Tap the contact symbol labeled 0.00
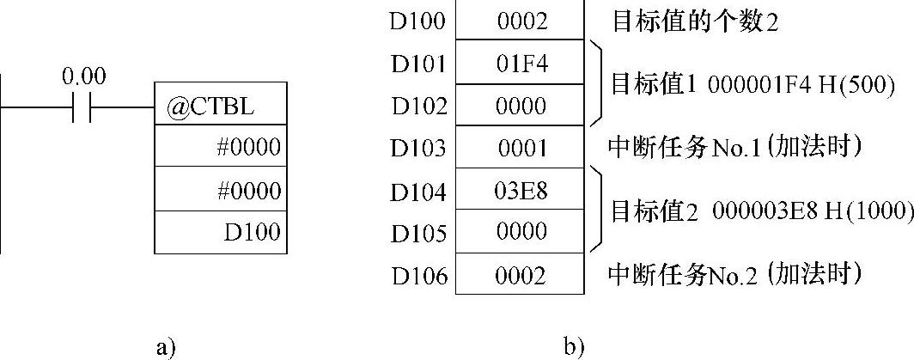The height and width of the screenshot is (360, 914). click(x=83, y=109)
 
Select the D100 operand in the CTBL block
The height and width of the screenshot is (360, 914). click(x=257, y=232)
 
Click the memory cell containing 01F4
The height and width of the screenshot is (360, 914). click(x=521, y=64)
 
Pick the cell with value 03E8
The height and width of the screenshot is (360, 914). click(x=521, y=190)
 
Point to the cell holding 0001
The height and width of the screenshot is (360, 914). click(x=521, y=148)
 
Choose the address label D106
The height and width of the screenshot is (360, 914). click(x=419, y=275)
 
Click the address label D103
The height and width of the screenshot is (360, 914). click(x=419, y=148)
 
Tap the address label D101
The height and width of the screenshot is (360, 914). click(x=419, y=64)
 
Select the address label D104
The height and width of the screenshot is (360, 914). click(x=419, y=191)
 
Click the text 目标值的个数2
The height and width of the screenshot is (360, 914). click(x=694, y=21)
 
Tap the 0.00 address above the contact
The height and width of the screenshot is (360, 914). click(x=83, y=77)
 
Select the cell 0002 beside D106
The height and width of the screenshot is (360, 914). click(x=521, y=275)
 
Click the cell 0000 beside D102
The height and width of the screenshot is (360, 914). click(x=521, y=106)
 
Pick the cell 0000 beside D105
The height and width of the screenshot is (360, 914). click(x=521, y=232)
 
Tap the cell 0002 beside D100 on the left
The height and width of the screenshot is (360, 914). click(x=521, y=21)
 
